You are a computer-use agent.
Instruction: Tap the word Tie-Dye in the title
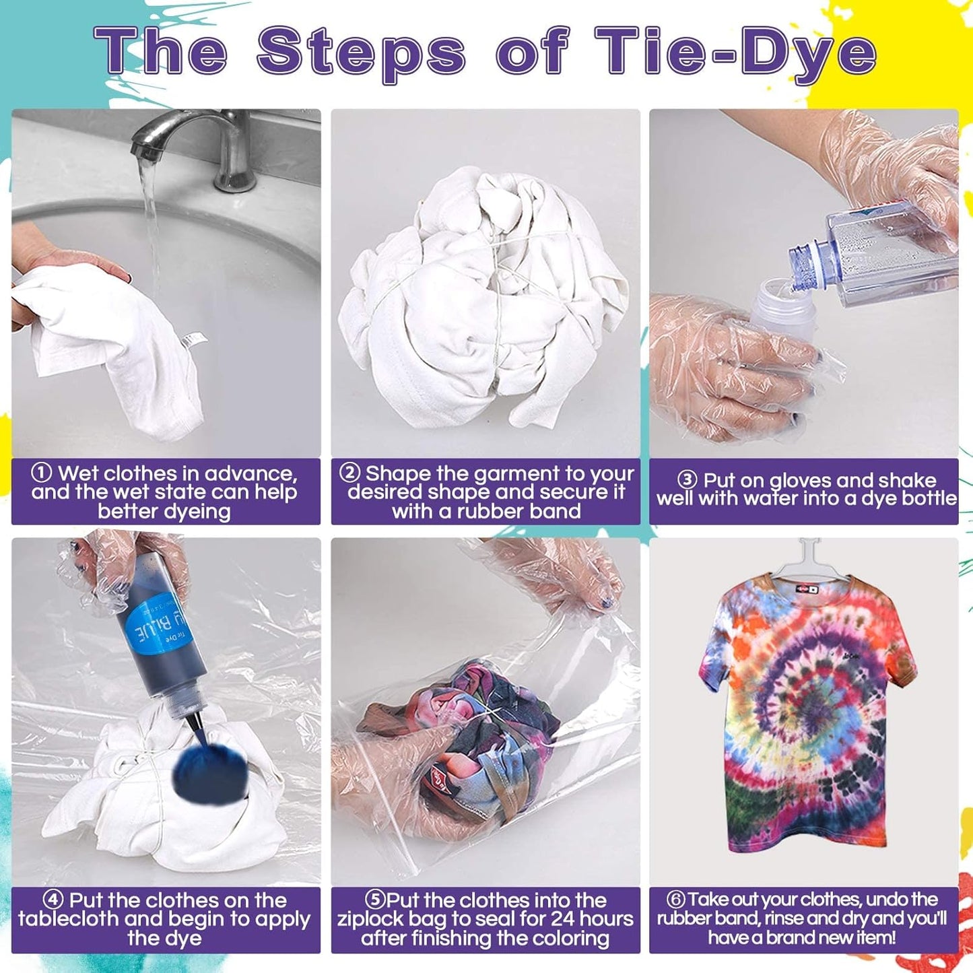[x=735, y=55]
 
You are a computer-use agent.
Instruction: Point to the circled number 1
[x=41, y=473]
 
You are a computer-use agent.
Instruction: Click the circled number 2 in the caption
[x=350, y=473]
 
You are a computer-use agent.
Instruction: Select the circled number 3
[x=687, y=479]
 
